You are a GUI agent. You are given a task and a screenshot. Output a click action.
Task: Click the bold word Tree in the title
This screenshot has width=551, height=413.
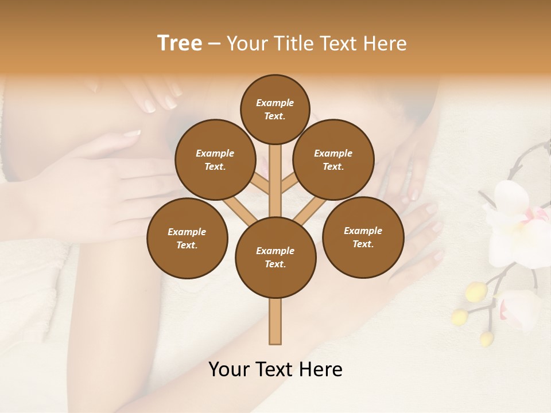click(x=180, y=44)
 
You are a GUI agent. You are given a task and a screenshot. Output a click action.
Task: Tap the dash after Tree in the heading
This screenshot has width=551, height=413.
click(x=215, y=44)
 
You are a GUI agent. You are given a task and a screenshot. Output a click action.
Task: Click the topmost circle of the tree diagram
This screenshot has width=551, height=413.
click(x=275, y=109)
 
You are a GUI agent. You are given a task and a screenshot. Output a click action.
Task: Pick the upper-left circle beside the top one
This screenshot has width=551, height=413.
click(x=215, y=159)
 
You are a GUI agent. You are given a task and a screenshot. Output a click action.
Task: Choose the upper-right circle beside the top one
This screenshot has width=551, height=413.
click(x=333, y=159)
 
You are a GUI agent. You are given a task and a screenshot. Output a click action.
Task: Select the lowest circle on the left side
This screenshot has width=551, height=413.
click(x=187, y=238)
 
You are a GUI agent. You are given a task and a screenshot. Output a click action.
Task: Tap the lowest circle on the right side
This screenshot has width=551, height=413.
click(x=363, y=237)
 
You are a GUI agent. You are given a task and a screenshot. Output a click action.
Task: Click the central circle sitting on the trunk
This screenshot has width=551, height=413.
click(x=275, y=257)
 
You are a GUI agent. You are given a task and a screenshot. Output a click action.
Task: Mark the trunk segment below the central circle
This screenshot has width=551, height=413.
click(x=275, y=321)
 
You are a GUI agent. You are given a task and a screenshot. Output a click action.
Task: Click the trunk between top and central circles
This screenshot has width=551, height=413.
click(x=275, y=181)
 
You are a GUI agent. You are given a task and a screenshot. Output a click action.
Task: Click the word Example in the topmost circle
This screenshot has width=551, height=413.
click(x=275, y=103)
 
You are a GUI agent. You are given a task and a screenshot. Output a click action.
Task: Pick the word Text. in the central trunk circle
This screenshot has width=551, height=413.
click(x=275, y=264)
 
